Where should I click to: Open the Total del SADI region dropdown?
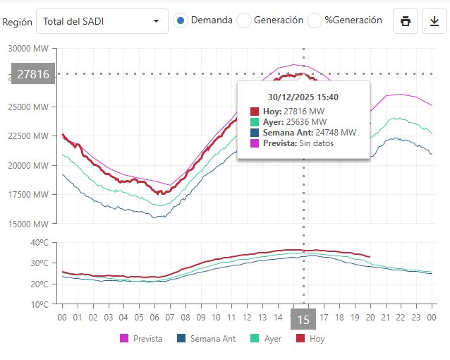(x=102, y=21)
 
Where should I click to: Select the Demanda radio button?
(x=181, y=20)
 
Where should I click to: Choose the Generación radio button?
(x=244, y=20)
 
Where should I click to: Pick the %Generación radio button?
(x=315, y=20)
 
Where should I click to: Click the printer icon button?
(x=406, y=21)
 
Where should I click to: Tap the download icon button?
(x=434, y=21)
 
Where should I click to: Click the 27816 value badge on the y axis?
(x=33, y=73)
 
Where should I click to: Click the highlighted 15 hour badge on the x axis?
(x=304, y=319)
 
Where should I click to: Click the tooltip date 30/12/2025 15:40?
(x=303, y=97)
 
